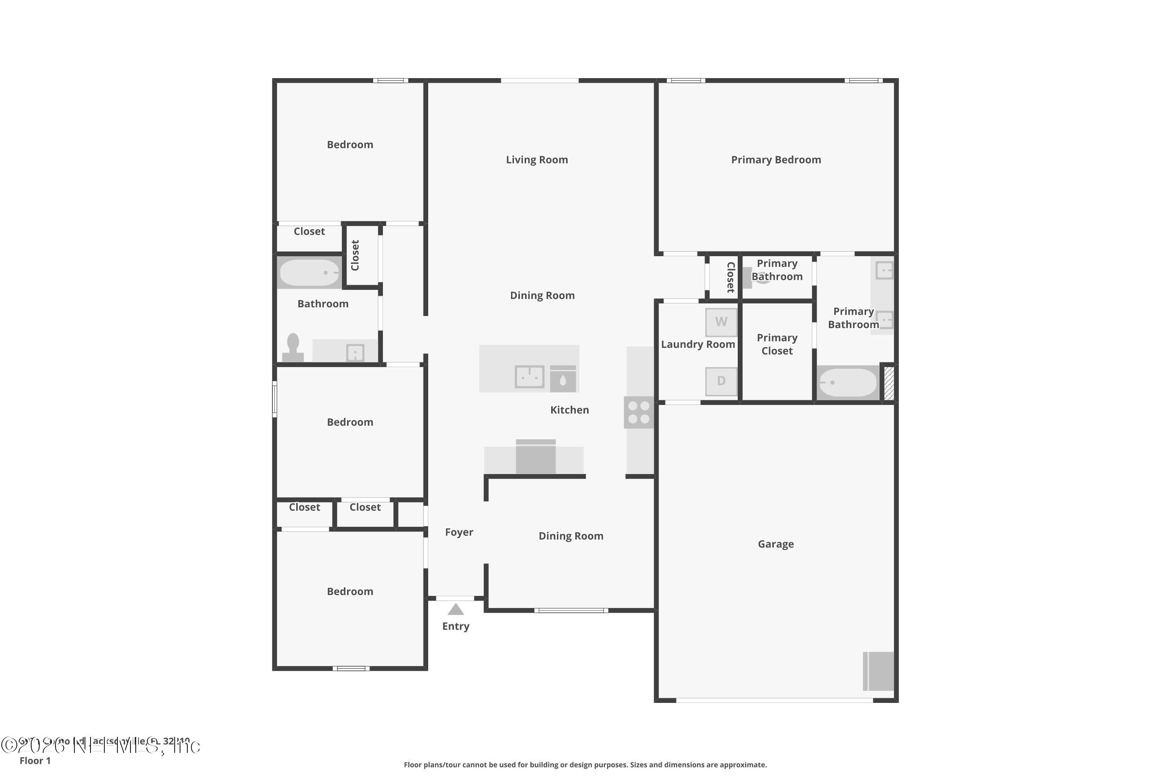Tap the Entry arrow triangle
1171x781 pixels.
point(456,609)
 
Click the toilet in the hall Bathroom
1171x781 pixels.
point(293,347)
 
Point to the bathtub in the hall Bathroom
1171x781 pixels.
point(309,273)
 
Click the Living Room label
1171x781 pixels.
point(537,160)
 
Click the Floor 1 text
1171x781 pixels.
point(35,761)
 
